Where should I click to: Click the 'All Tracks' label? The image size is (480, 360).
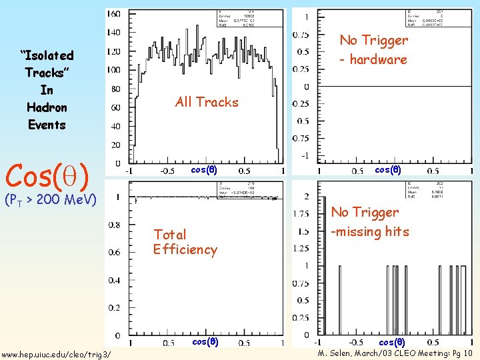[206, 102]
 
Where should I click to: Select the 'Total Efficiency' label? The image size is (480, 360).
[185, 242]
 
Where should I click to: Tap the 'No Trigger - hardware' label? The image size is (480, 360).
[373, 50]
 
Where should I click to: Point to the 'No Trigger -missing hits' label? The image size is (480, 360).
[369, 221]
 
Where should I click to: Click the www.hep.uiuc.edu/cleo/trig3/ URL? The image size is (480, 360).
[56, 353]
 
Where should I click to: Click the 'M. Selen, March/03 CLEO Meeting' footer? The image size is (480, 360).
[395, 353]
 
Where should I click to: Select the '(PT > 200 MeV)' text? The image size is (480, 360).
[51, 199]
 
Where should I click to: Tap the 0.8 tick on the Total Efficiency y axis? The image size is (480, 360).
[115, 225]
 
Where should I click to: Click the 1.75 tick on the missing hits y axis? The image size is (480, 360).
[301, 214]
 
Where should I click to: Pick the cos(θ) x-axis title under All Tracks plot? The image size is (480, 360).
[204, 169]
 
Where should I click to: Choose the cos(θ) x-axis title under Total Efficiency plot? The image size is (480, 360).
[204, 341]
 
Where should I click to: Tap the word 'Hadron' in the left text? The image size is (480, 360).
[47, 107]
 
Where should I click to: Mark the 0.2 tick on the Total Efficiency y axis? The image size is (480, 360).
[115, 308]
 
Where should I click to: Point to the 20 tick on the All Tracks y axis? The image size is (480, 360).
[115, 145]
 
